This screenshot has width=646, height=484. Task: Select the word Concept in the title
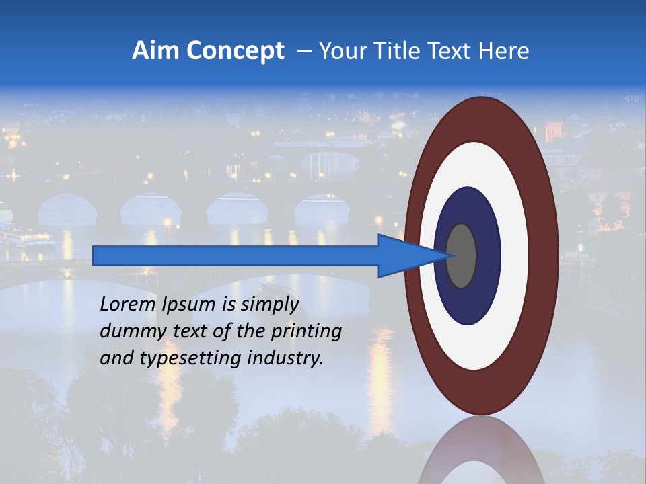[x=234, y=51]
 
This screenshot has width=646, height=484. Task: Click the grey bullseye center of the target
[x=462, y=255]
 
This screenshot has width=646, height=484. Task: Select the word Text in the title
[x=448, y=51]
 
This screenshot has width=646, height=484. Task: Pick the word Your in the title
[x=340, y=51]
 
